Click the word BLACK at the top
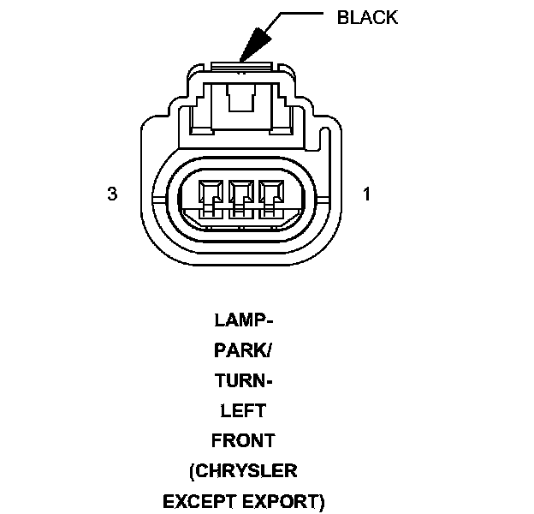(368, 17)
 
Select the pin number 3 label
(112, 194)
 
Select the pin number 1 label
(366, 194)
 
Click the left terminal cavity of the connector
(211, 195)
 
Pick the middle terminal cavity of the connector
(242, 195)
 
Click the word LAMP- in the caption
(243, 322)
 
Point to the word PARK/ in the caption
(243, 352)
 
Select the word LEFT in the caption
(243, 411)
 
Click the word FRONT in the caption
(243, 441)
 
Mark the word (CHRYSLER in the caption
(243, 471)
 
